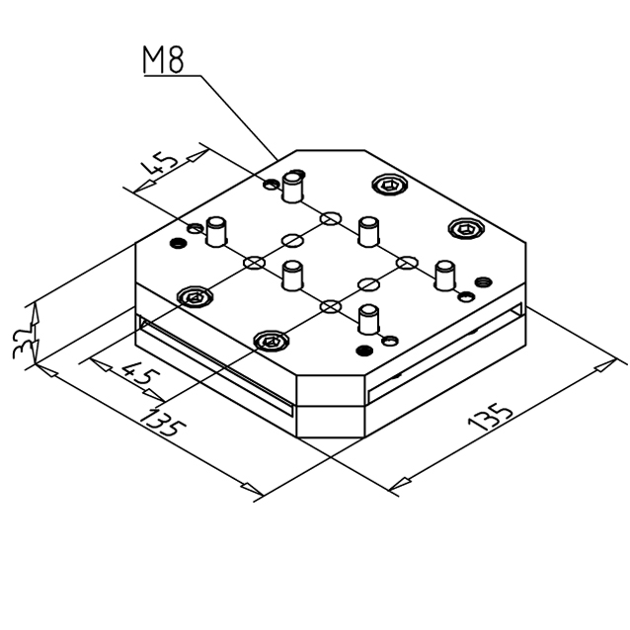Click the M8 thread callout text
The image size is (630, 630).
164,60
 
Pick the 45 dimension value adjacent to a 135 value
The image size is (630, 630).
140,376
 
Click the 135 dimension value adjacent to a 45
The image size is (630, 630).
163,423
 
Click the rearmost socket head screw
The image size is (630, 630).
390,185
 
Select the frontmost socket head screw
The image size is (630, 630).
272,342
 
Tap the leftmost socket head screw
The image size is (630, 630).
196,297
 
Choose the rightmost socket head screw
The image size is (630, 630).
466,229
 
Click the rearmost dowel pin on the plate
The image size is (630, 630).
292,187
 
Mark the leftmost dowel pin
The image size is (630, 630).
216,231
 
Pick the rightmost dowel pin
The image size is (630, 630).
445,276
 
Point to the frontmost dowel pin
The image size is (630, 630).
369,319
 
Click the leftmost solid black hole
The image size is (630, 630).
179,243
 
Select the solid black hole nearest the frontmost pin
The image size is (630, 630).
364,351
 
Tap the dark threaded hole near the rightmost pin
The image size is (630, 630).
483,282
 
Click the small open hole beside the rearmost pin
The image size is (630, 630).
272,185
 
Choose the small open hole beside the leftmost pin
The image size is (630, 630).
196,229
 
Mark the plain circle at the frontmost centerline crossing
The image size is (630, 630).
331,306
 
